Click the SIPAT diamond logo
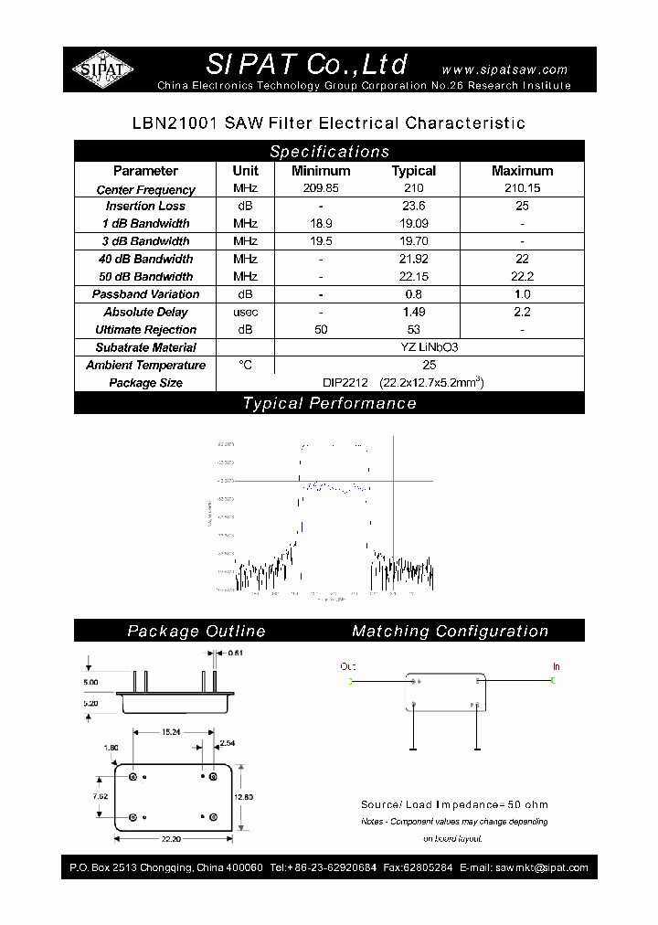point(103,69)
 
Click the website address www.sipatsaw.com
point(504,69)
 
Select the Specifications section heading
point(329,152)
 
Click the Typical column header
point(414,171)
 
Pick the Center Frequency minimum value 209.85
point(321,189)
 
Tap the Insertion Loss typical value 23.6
point(414,207)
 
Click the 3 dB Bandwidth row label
point(146,241)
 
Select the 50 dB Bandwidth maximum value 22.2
point(522,277)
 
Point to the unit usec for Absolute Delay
point(245,313)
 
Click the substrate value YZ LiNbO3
point(414,347)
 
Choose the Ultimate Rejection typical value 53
point(414,330)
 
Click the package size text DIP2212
point(345,383)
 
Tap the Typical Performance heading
point(329,403)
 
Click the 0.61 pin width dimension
point(234,653)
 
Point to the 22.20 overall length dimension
point(171,839)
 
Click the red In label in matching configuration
point(556,667)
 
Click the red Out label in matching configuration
point(348,667)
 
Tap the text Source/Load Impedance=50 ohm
point(454,804)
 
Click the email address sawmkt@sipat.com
point(540,867)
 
